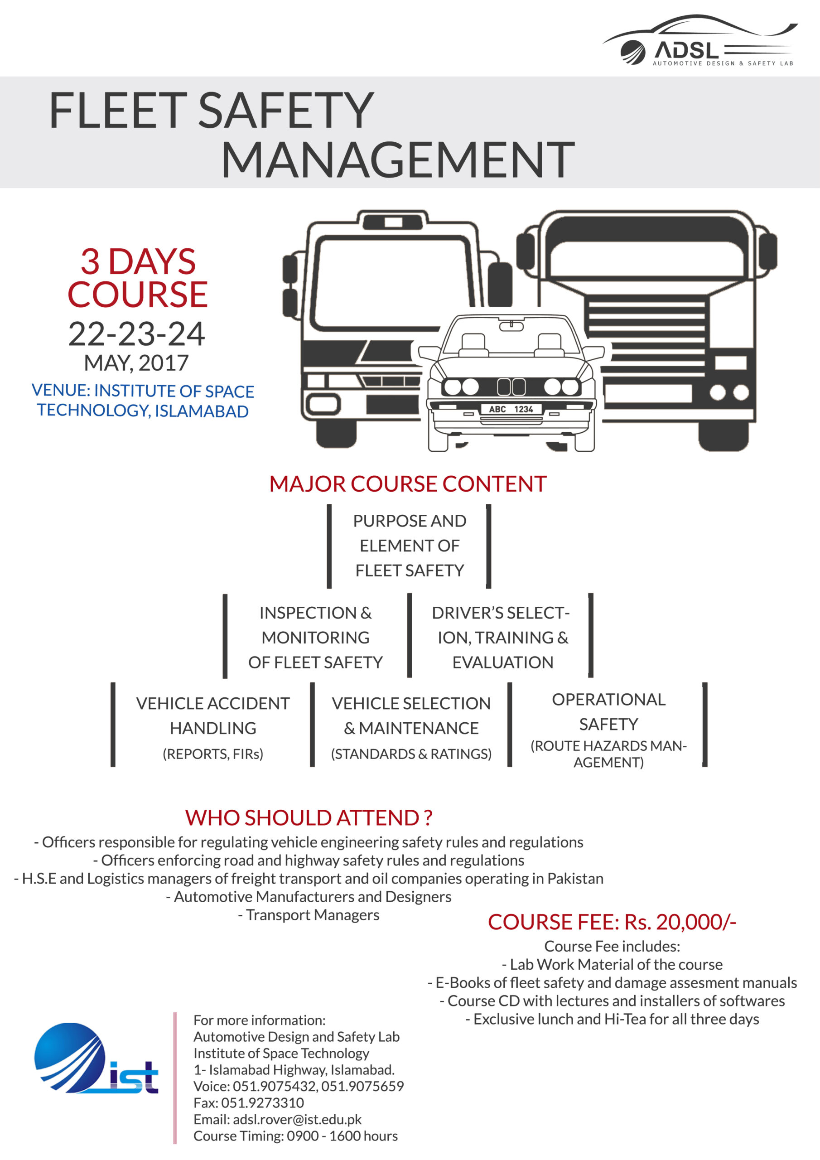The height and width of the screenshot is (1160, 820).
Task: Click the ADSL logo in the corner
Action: (x=700, y=40)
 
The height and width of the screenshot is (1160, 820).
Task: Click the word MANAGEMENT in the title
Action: (x=398, y=159)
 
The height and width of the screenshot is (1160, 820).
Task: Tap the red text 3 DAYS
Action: (x=138, y=262)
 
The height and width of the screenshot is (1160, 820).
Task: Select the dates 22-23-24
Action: (x=136, y=334)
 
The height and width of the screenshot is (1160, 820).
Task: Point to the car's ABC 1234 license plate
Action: (x=511, y=409)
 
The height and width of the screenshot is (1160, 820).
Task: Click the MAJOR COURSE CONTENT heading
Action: (x=408, y=484)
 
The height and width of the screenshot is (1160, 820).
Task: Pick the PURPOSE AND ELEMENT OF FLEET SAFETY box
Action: (x=409, y=546)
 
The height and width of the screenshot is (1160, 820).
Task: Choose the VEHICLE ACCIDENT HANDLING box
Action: (x=213, y=725)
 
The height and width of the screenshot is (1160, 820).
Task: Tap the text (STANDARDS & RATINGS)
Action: (x=411, y=754)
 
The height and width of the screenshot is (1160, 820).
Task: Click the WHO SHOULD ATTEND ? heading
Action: (x=309, y=817)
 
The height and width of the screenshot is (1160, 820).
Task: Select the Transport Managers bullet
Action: (x=309, y=915)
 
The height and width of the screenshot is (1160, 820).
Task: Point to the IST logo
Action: (x=96, y=1059)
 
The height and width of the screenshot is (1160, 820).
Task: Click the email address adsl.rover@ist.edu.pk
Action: (x=297, y=1120)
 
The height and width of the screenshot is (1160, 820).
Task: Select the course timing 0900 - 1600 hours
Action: (x=342, y=1136)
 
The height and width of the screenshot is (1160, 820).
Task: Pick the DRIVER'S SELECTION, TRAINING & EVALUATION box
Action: (x=500, y=637)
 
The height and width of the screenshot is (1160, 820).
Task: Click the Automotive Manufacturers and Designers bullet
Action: (x=309, y=897)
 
